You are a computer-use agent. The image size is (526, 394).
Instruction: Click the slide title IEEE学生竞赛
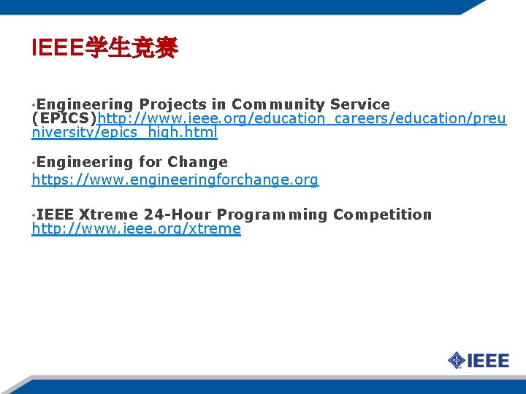tap(104, 49)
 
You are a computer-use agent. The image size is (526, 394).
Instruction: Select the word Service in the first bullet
tap(360, 104)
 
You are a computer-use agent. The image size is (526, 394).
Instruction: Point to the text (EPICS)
tap(64, 119)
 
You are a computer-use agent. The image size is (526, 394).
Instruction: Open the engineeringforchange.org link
tap(175, 179)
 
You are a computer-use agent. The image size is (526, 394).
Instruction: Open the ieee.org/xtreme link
tap(136, 228)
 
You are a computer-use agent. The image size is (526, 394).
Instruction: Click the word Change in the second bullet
tap(197, 162)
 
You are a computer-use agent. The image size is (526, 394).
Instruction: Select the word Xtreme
tap(108, 215)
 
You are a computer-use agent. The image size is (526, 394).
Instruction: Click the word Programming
tap(272, 215)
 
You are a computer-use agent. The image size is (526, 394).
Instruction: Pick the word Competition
tap(382, 215)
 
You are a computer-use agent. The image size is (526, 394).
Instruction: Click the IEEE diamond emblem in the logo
tap(457, 360)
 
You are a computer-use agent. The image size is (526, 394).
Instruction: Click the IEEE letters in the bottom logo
tap(488, 360)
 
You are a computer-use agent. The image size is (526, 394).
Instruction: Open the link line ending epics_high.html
tap(125, 133)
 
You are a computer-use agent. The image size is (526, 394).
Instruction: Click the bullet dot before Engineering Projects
tap(34, 106)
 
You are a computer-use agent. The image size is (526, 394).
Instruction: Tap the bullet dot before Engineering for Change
tap(34, 163)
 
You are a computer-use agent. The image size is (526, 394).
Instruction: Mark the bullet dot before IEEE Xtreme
tap(34, 216)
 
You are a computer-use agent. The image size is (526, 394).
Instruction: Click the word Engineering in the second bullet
tap(78, 162)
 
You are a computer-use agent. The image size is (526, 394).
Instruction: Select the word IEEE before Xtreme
tap(55, 215)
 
